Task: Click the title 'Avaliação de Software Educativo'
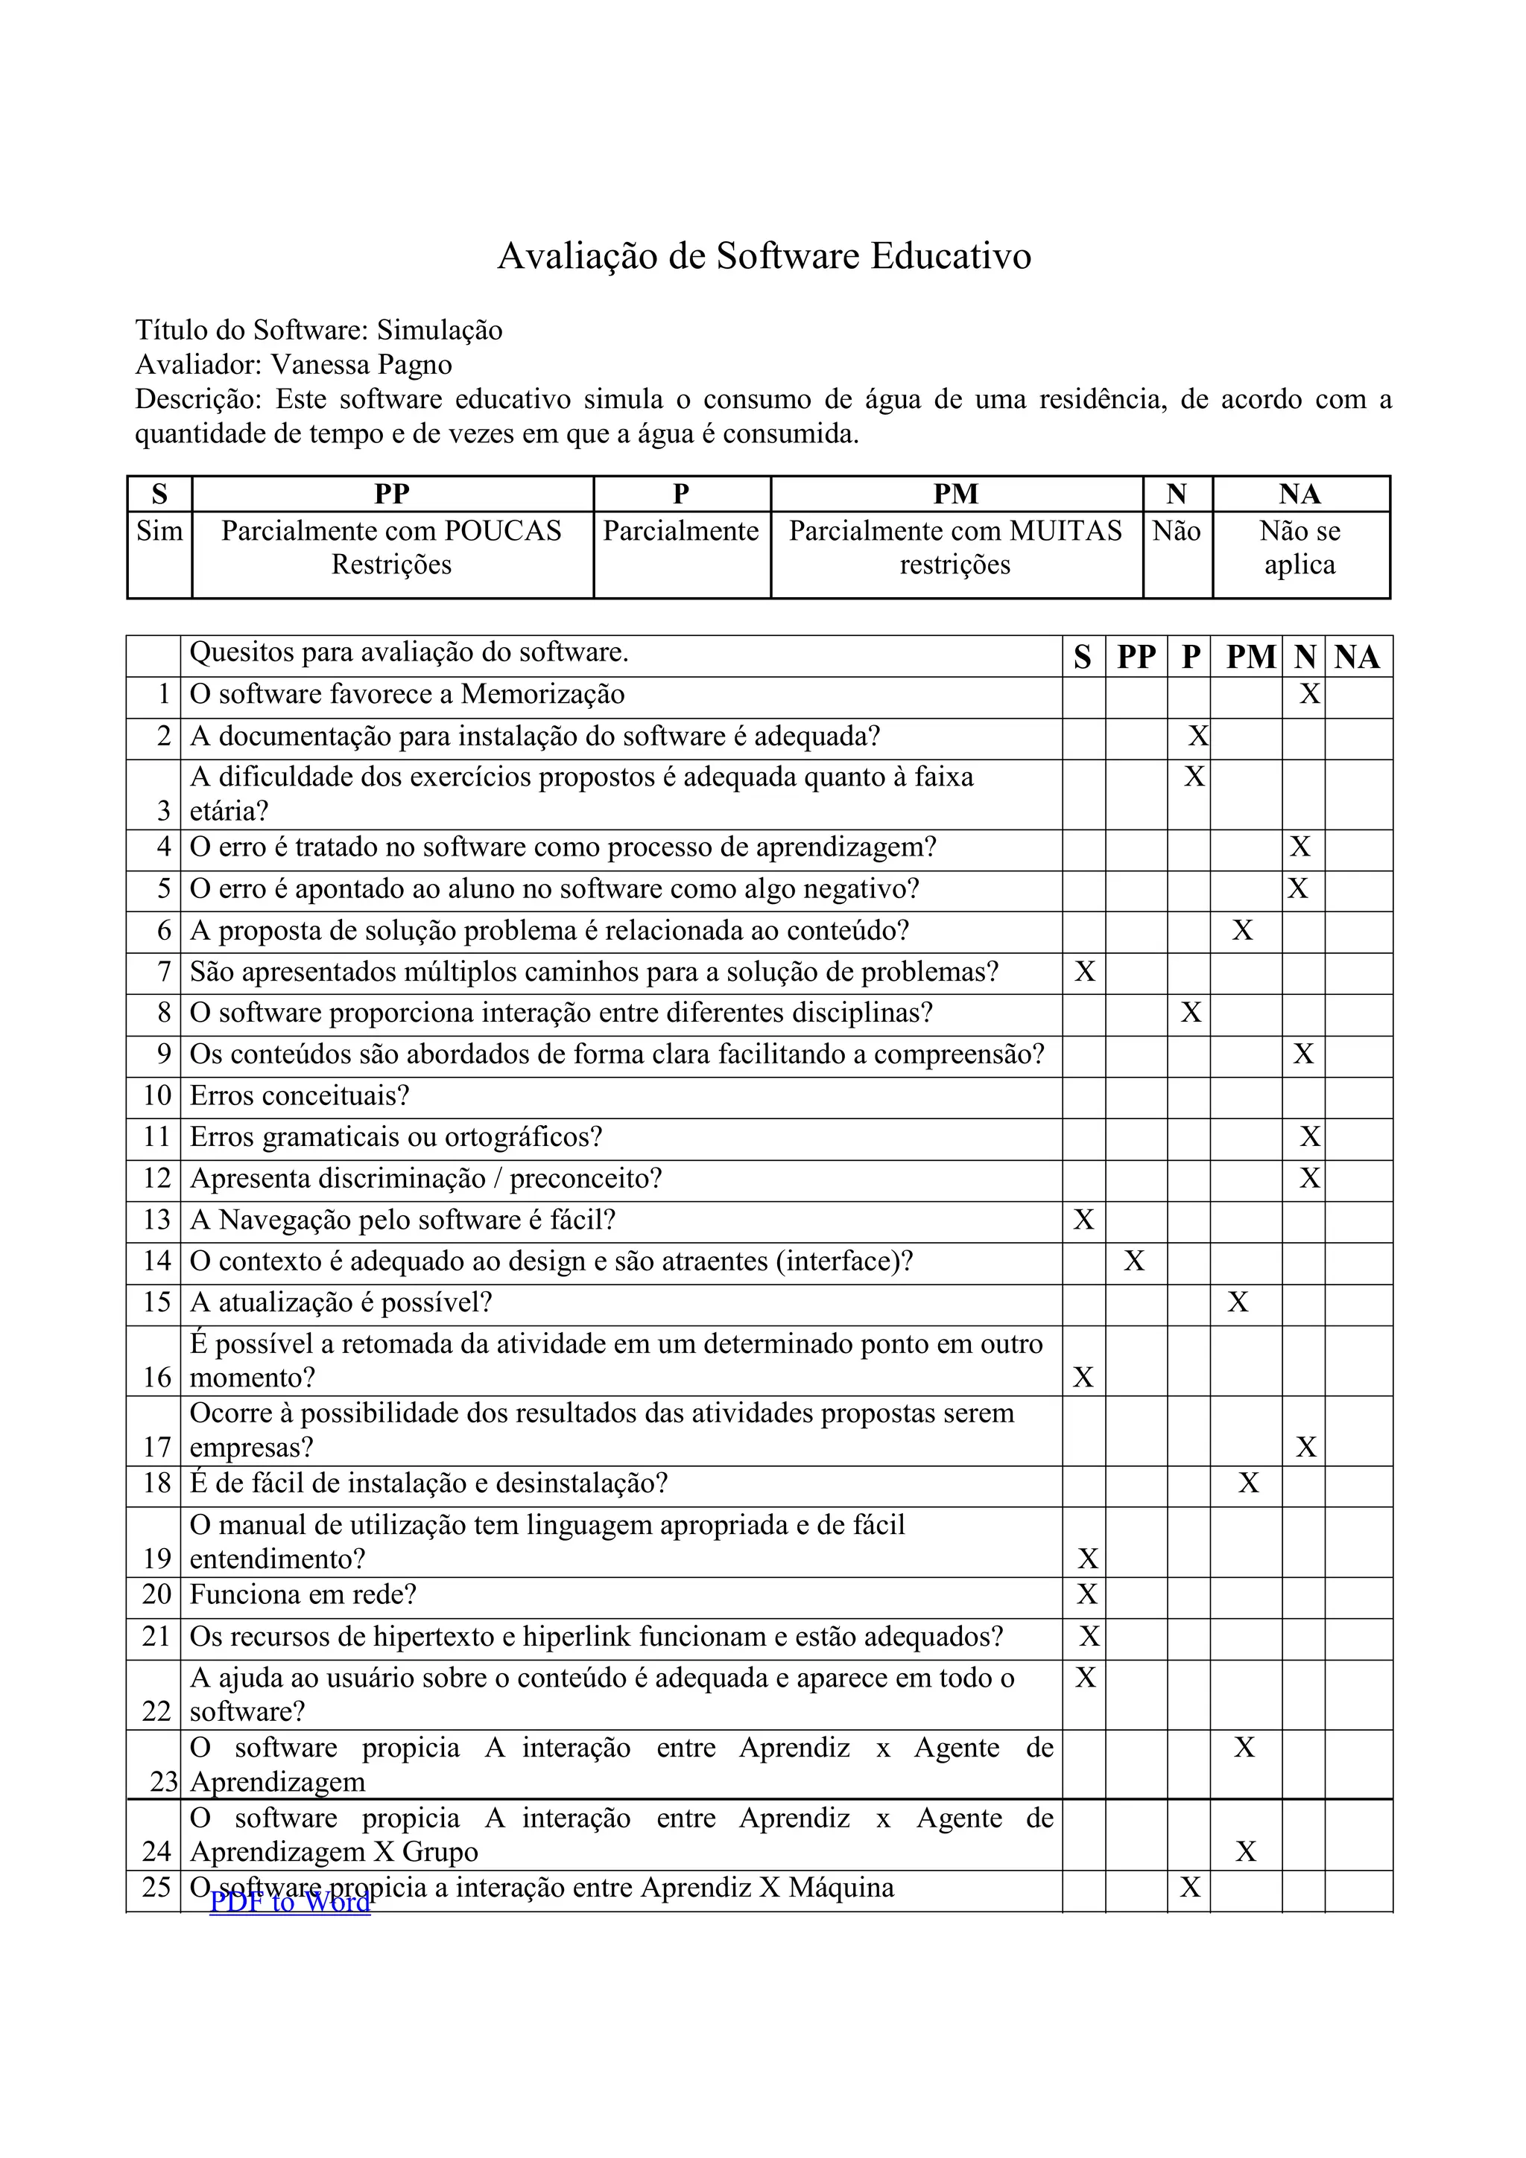(x=764, y=255)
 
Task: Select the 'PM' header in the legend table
(x=955, y=494)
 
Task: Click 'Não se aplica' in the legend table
(x=1299, y=547)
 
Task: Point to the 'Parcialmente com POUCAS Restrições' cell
(x=391, y=547)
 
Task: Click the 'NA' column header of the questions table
(x=1357, y=656)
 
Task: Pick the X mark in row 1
(x=1310, y=695)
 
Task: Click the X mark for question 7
(x=1085, y=971)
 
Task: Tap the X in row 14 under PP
(x=1135, y=1261)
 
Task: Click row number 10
(x=157, y=1096)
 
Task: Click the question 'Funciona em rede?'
(x=303, y=1594)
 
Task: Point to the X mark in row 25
(x=1191, y=1887)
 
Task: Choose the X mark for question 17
(x=1306, y=1447)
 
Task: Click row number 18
(x=157, y=1483)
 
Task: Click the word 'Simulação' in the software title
(x=440, y=330)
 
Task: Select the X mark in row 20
(x=1087, y=1594)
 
